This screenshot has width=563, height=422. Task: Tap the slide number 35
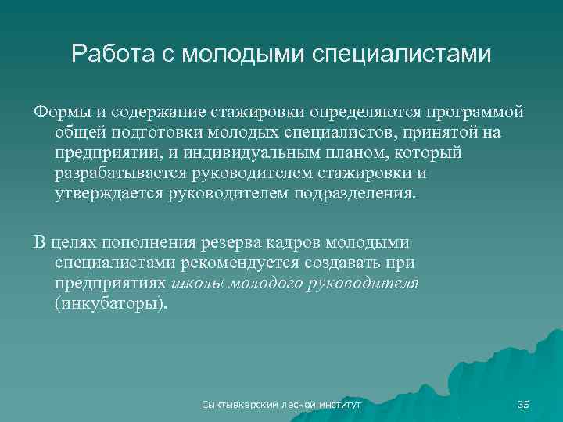(x=524, y=404)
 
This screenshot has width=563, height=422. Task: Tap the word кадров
(x=313, y=242)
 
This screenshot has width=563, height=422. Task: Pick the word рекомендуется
(x=246, y=263)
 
